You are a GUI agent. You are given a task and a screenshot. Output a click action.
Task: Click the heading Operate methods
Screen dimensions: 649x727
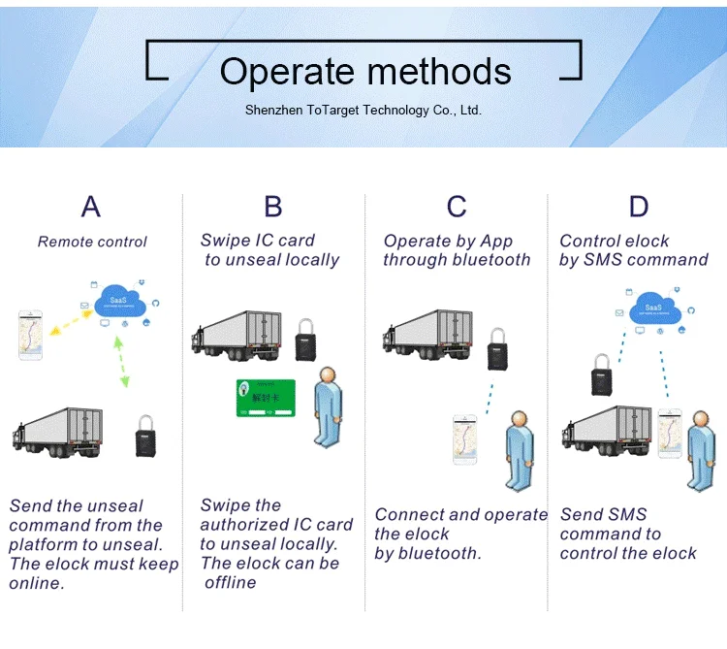click(365, 72)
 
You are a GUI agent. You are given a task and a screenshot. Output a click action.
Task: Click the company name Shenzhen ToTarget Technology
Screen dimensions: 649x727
click(363, 111)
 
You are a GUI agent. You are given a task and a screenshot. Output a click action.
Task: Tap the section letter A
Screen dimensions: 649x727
click(90, 207)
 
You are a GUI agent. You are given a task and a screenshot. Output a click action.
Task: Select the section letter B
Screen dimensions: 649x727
click(273, 207)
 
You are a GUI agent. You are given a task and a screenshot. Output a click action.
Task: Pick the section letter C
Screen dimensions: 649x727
click(457, 207)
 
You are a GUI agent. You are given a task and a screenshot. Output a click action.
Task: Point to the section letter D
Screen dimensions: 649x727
click(638, 207)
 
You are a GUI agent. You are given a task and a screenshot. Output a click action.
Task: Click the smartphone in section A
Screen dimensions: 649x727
click(32, 335)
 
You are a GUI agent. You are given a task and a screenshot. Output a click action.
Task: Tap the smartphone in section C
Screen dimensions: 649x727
click(467, 439)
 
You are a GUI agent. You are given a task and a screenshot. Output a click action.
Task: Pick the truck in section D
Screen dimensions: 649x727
click(607, 432)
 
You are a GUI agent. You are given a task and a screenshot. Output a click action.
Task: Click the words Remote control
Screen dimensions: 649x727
click(92, 242)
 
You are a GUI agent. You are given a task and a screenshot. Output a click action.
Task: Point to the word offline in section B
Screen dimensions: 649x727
click(231, 582)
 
